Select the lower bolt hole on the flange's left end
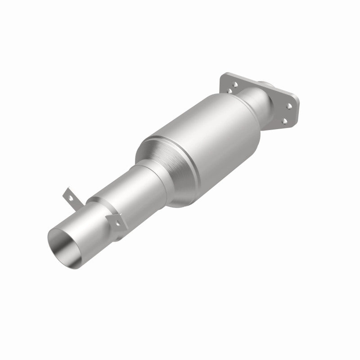(x=229, y=91)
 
